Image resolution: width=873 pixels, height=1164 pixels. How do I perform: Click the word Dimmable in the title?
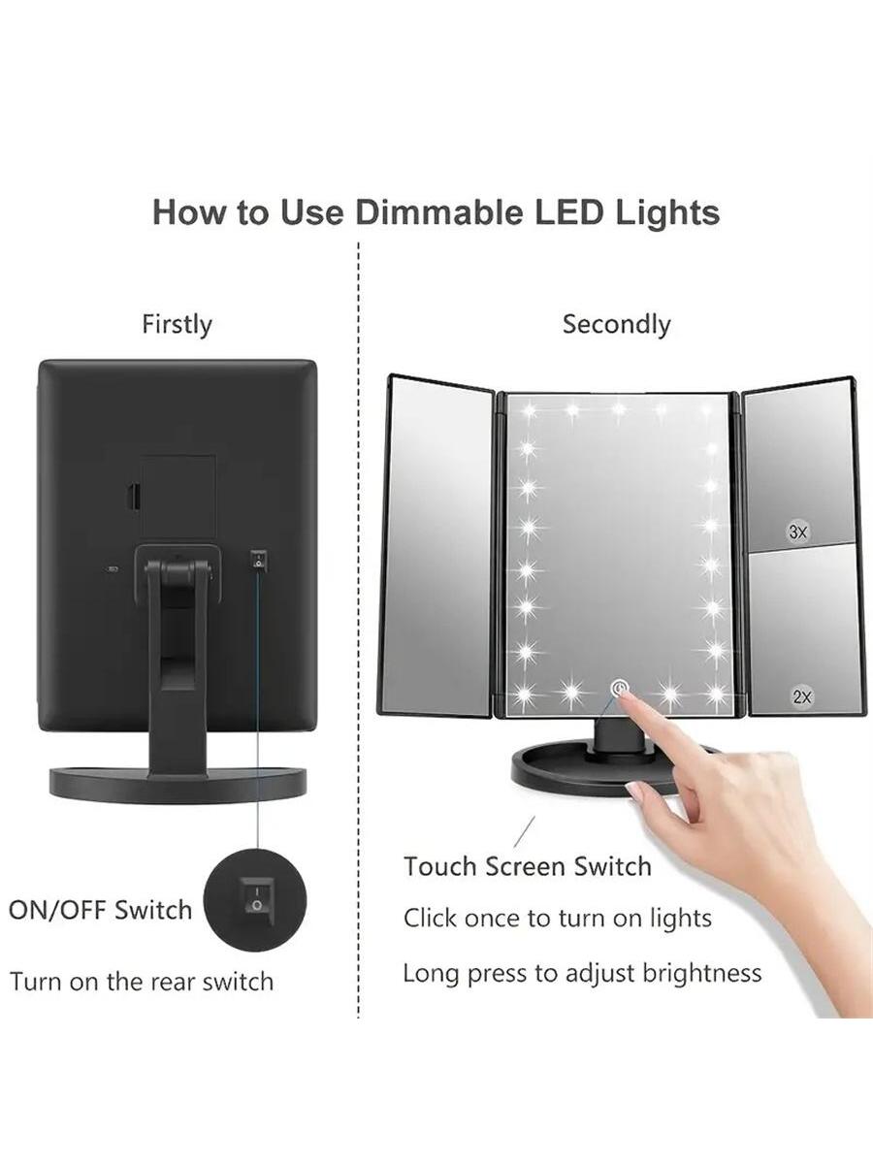pyautogui.click(x=440, y=212)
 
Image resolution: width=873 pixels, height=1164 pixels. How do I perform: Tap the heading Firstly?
pyautogui.click(x=178, y=325)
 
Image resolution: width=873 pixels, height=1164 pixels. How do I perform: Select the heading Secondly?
pyautogui.click(x=617, y=324)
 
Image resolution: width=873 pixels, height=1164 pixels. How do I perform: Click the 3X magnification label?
pyautogui.click(x=797, y=532)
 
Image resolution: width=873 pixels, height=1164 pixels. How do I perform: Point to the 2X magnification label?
pyautogui.click(x=802, y=696)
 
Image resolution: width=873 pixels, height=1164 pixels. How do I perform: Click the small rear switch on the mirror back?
pyautogui.click(x=258, y=559)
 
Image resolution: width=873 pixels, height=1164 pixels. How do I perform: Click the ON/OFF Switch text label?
pyautogui.click(x=100, y=910)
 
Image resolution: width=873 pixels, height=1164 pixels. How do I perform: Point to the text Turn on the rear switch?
pyautogui.click(x=142, y=982)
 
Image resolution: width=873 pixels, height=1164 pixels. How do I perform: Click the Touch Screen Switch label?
pyautogui.click(x=528, y=867)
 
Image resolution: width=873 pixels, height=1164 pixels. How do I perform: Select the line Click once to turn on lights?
pyautogui.click(x=557, y=918)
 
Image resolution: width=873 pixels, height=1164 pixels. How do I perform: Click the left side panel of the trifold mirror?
pyautogui.click(x=437, y=545)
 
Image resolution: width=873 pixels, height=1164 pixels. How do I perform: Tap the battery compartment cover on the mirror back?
pyautogui.click(x=178, y=497)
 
